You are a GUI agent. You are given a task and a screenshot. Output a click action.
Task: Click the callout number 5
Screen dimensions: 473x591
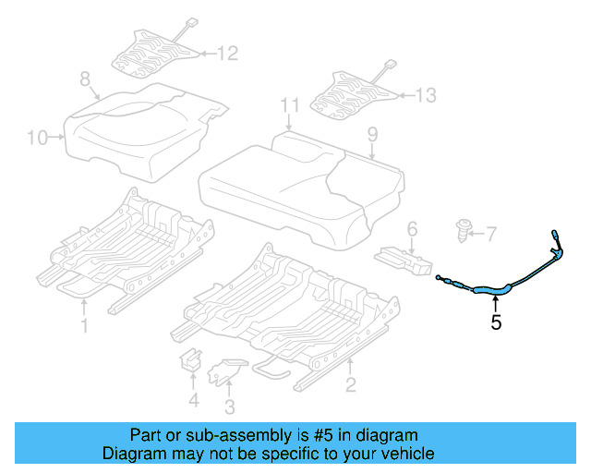coord(497,322)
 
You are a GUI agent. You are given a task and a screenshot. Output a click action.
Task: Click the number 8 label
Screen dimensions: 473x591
coord(84,79)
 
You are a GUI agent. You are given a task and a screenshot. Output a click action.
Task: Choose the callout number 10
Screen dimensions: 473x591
coord(37,139)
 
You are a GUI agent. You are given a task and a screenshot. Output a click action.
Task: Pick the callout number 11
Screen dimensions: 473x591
coord(290,104)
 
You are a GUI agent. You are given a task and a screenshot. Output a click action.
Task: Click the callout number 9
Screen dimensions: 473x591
coord(371,135)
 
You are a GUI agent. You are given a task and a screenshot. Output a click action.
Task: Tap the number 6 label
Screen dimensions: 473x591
coord(412,227)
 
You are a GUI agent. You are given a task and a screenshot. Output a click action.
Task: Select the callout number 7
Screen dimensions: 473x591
coord(490,233)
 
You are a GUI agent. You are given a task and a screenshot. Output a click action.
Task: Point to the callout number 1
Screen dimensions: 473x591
coord(84,325)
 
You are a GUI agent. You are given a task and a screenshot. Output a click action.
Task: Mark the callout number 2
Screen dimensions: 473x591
coord(350,384)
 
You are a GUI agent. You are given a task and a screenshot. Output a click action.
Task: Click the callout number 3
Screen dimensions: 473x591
coord(230,406)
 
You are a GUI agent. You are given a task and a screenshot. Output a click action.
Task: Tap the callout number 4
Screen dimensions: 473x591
coord(193,400)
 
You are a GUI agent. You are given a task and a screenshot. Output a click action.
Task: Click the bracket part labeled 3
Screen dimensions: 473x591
coord(224,371)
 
